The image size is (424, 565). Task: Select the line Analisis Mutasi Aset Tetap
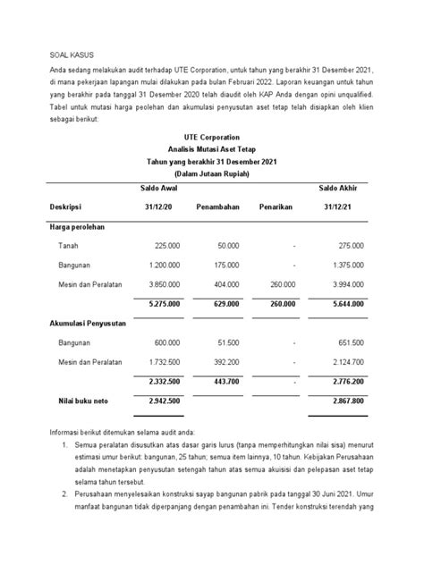(x=211, y=148)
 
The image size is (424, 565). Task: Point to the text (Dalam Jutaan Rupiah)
(x=211, y=174)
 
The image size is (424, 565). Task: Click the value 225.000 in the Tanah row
(x=167, y=245)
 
